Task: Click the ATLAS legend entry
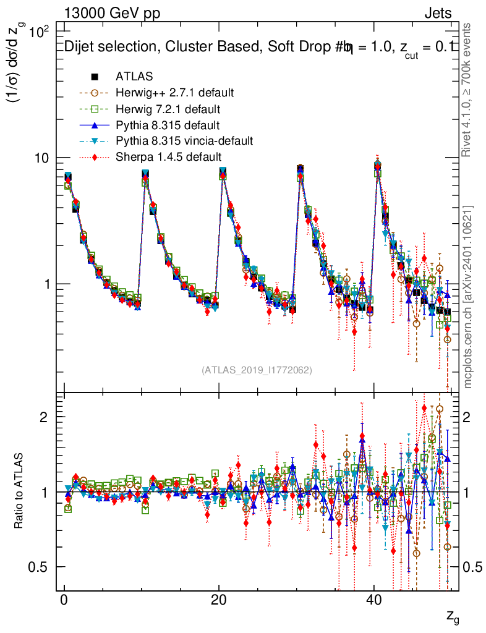(x=134, y=77)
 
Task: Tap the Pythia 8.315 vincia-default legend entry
(x=184, y=141)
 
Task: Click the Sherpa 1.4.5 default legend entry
(x=168, y=157)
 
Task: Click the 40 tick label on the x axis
(x=373, y=602)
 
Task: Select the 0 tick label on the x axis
(x=64, y=602)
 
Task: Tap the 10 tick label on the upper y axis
(x=41, y=158)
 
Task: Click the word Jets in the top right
(x=438, y=14)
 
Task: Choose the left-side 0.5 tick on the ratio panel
(x=40, y=567)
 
